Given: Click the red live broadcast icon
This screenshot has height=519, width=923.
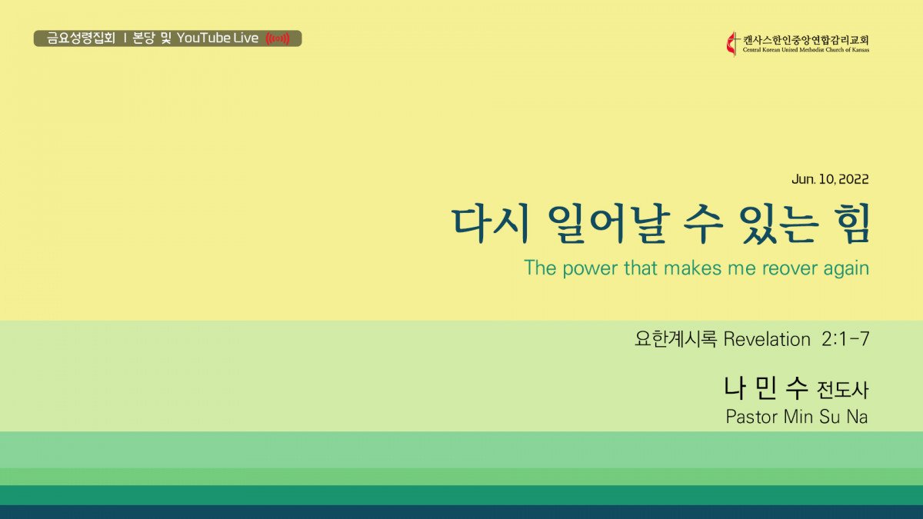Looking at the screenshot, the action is click(x=278, y=38).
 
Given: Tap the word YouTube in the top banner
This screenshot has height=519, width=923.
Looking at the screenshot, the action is click(x=203, y=38).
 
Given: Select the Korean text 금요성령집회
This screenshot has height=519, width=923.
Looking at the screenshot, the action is click(x=81, y=38).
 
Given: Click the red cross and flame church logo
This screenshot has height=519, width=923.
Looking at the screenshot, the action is click(x=732, y=44).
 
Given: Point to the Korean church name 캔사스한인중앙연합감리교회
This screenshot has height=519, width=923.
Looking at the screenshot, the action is click(x=806, y=40).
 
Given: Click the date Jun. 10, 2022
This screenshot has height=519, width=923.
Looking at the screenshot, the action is click(x=830, y=179).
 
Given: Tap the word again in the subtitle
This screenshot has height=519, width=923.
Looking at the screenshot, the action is click(x=846, y=269).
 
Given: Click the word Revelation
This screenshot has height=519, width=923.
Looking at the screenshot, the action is click(x=767, y=339).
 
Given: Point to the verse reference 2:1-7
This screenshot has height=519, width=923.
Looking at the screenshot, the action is click(x=845, y=339).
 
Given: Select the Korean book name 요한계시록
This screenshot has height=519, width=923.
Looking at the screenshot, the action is click(x=675, y=339).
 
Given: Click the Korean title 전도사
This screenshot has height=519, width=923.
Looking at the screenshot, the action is click(x=843, y=390).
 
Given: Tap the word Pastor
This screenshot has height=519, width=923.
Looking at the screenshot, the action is click(x=752, y=417).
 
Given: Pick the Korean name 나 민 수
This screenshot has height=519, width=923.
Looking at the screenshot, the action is click(x=765, y=388).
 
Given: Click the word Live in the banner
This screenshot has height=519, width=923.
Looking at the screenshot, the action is click(x=246, y=38).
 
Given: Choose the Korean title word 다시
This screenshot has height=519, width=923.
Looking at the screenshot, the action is click(x=491, y=224).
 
